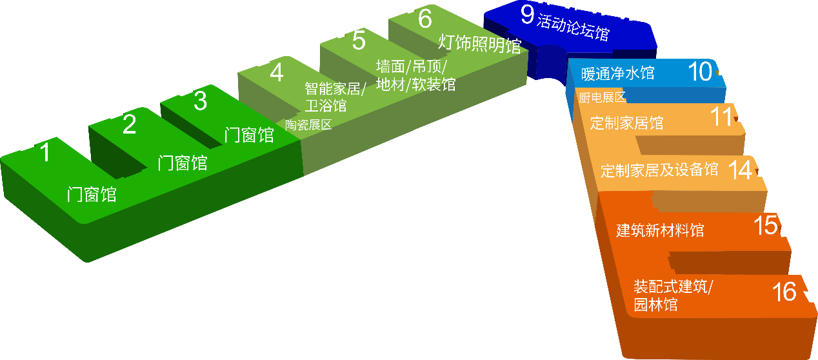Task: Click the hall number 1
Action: pyautogui.click(x=45, y=152)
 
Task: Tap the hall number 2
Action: pyautogui.click(x=129, y=125)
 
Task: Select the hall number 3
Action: pyautogui.click(x=201, y=101)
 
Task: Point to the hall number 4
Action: pyautogui.click(x=277, y=73)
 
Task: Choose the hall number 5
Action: pyautogui.click(x=359, y=42)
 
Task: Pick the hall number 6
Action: pyautogui.click(x=424, y=19)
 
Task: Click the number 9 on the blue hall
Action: pyautogui.click(x=528, y=15)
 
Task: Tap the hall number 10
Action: pyautogui.click(x=700, y=72)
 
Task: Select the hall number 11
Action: pyautogui.click(x=722, y=117)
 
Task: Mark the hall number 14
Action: pyautogui.click(x=740, y=170)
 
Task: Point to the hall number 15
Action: pyautogui.click(x=766, y=226)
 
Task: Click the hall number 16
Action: pyautogui.click(x=784, y=292)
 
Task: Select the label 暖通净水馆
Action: pyautogui.click(x=617, y=73)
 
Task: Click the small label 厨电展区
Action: pyautogui.click(x=603, y=98)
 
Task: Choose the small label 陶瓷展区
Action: pyautogui.click(x=308, y=125)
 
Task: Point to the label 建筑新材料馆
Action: pyautogui.click(x=660, y=230)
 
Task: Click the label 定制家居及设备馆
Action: pyautogui.click(x=659, y=170)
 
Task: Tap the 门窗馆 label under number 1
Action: pyautogui.click(x=92, y=194)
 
